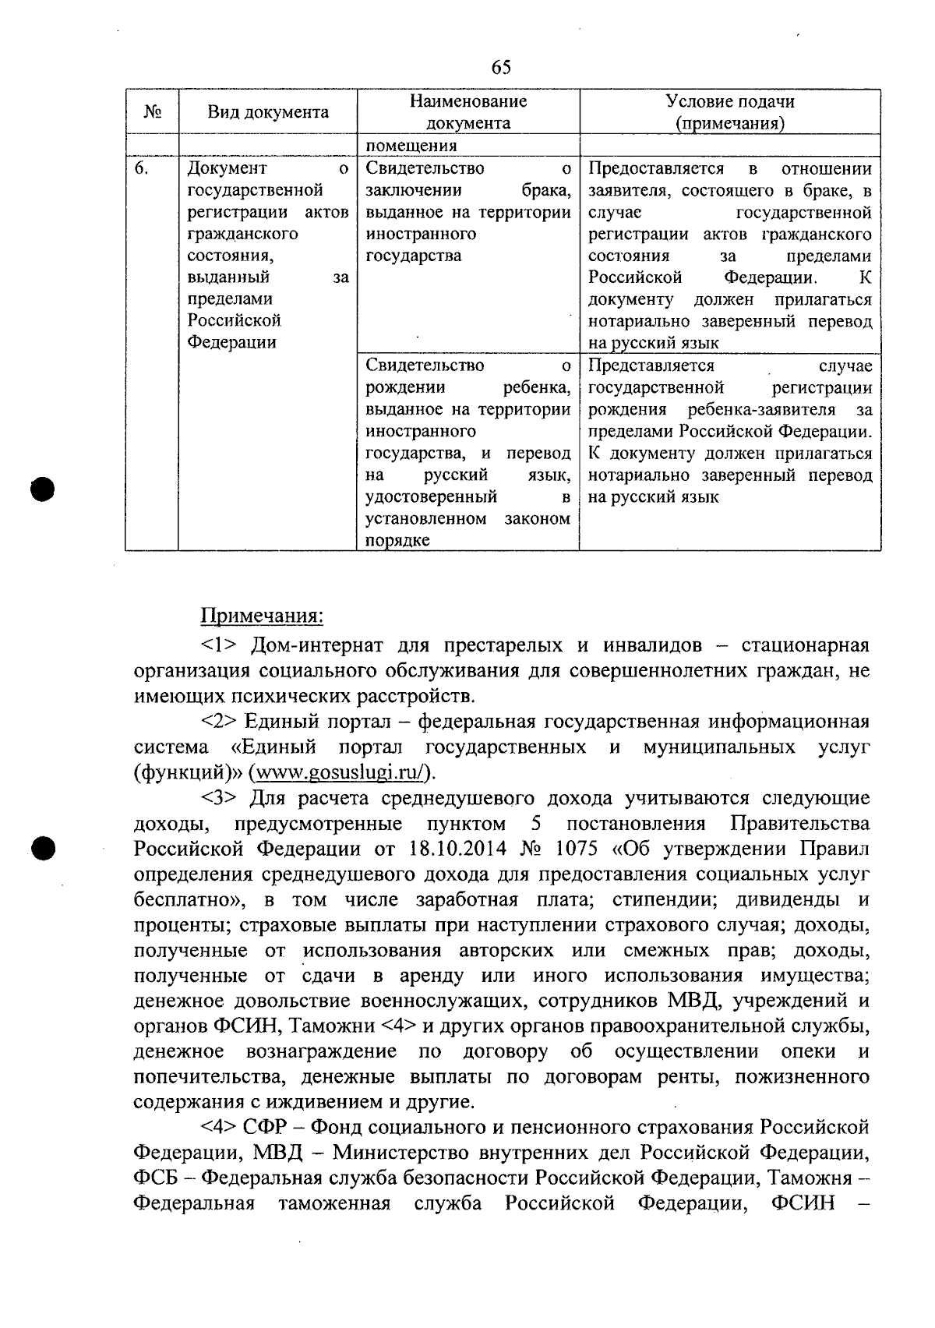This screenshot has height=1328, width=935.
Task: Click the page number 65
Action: (501, 68)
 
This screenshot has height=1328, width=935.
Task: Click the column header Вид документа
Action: (267, 112)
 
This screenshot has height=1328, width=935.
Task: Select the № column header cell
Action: (152, 112)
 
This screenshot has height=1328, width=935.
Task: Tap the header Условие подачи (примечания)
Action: (729, 112)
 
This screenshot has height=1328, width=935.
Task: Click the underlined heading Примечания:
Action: (262, 616)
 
